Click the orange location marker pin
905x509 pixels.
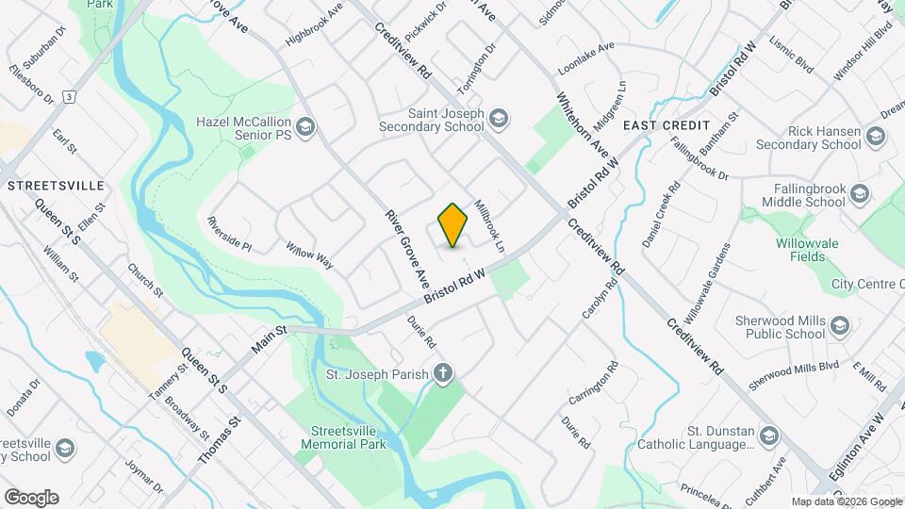pyautogui.click(x=453, y=224)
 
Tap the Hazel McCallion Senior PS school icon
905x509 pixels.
pyautogui.click(x=304, y=125)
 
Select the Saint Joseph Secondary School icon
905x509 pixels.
pyautogui.click(x=499, y=118)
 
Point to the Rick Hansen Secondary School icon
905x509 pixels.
pyautogui.click(x=876, y=137)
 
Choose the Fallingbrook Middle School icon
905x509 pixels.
pyautogui.click(x=858, y=194)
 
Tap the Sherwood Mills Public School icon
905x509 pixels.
pyautogui.click(x=841, y=326)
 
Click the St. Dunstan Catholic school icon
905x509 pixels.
pyautogui.click(x=770, y=435)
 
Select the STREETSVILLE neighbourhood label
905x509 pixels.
pyautogui.click(x=56, y=186)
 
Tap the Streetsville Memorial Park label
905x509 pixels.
pyautogui.click(x=350, y=439)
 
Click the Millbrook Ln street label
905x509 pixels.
pyautogui.click(x=490, y=224)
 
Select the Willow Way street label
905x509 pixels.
pyautogui.click(x=310, y=254)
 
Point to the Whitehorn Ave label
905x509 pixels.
pyautogui.click(x=583, y=123)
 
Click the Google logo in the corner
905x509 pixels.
pyautogui.click(x=31, y=497)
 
